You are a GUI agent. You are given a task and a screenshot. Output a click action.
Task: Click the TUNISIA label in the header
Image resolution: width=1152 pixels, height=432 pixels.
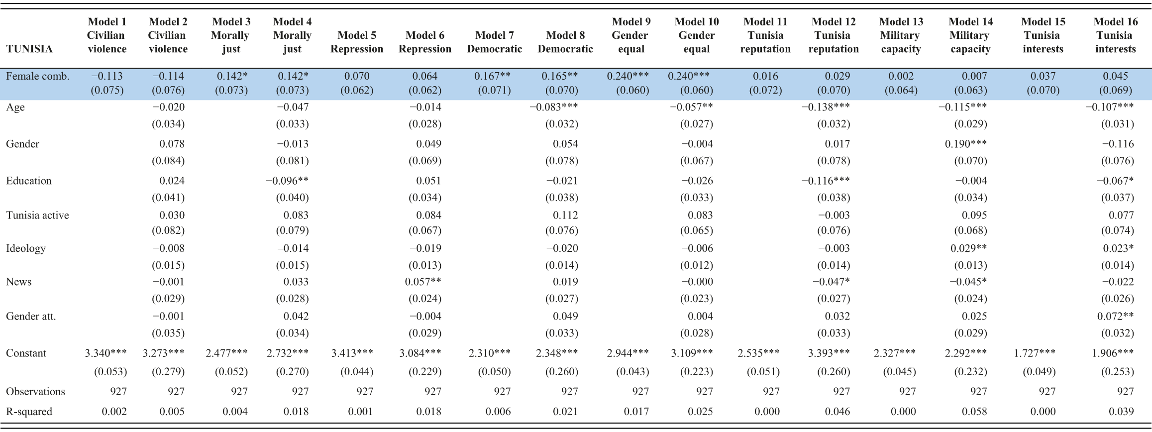[29, 49]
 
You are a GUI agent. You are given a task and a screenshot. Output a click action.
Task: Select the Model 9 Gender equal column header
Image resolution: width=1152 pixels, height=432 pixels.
[631, 35]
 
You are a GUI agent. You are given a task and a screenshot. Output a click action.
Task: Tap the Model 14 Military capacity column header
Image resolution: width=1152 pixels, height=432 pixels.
[970, 35]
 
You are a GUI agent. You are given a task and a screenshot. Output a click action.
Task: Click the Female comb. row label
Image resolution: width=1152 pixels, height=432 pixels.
[38, 76]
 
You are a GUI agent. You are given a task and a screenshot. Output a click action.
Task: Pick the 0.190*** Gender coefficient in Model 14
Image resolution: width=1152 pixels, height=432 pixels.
[965, 144]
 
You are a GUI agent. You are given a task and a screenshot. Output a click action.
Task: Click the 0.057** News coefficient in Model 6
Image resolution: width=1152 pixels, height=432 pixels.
[423, 282]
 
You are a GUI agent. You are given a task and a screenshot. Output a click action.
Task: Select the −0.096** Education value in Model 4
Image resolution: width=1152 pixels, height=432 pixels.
[287, 181]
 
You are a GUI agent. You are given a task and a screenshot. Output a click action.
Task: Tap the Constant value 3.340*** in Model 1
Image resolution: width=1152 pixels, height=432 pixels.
[105, 353]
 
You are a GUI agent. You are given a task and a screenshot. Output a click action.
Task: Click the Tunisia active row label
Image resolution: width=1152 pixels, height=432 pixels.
[37, 215]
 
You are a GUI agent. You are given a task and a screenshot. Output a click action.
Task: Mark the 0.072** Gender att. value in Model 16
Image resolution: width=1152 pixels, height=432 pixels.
[1115, 316]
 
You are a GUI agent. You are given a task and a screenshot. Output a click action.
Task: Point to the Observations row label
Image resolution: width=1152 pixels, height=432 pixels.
[35, 391]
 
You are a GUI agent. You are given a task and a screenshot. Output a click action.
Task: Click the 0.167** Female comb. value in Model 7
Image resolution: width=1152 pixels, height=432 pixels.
[492, 76]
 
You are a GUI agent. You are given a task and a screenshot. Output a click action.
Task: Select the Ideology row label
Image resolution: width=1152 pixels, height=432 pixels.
[26, 248]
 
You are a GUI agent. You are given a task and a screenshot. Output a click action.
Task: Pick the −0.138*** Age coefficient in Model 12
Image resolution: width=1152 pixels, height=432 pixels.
[826, 107]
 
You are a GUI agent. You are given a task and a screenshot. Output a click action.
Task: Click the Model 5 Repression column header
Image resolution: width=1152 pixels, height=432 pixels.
[357, 42]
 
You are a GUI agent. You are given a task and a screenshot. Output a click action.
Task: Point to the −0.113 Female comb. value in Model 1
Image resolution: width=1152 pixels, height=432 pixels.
[106, 76]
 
